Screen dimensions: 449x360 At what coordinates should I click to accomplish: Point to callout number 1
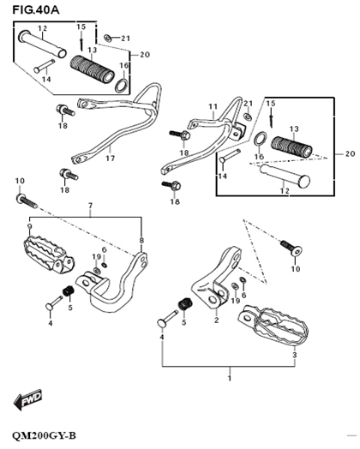point(229,378)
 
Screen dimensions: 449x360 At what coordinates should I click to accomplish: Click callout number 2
point(216,321)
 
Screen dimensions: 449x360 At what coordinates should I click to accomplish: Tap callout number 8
point(141,241)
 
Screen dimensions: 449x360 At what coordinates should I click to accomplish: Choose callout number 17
point(109,159)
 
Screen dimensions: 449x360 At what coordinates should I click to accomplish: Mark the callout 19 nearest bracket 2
point(234,301)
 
